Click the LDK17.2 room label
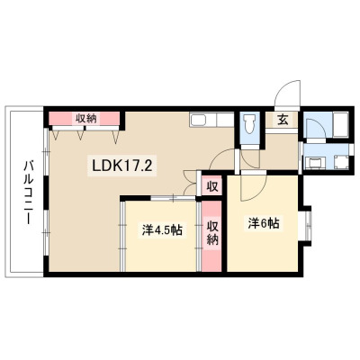pos(121,166)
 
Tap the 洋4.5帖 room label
pos(162,230)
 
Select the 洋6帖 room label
pos(264,223)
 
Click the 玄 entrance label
pos(283,120)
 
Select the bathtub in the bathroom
pos(340,124)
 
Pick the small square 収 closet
pos(211,187)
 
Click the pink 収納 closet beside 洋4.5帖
pos(211,236)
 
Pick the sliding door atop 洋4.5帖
pos(174,198)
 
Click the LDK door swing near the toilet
pos(222,159)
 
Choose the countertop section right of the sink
pos(225,120)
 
